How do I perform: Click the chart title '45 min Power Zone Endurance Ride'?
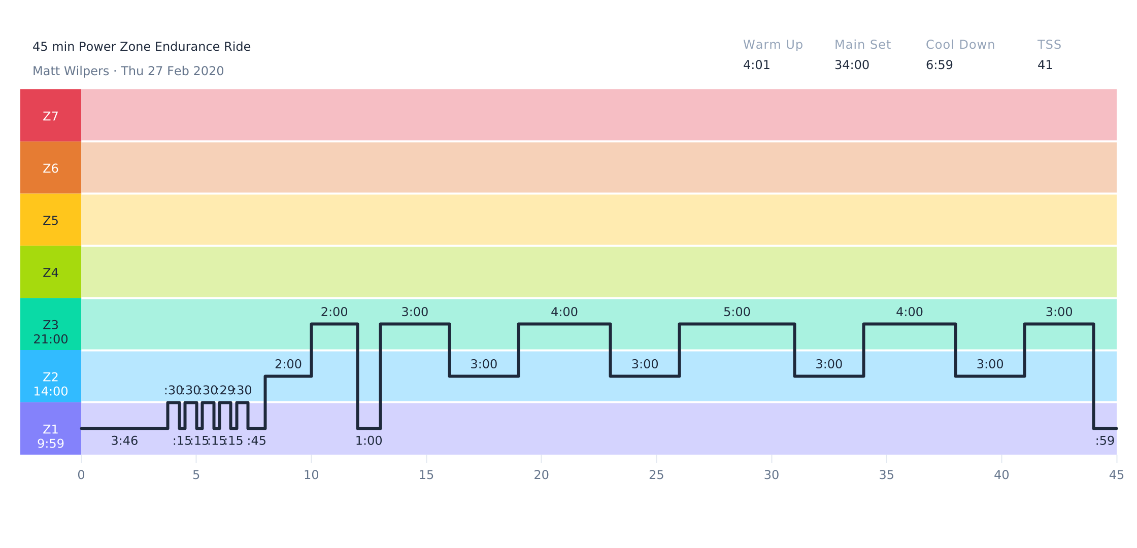pos(142,47)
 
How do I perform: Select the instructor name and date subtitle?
pos(128,71)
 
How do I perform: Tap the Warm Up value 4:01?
pos(756,65)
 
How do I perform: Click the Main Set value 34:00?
pos(852,65)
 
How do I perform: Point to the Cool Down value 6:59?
pos(939,65)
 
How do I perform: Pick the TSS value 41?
pos(1045,65)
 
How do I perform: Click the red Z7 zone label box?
pos(51,116)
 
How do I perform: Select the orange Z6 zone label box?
pos(51,168)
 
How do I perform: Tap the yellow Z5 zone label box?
pos(51,220)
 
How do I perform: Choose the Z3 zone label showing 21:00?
pos(51,332)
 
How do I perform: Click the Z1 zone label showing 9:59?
pos(51,436)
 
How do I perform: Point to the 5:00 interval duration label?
pos(737,312)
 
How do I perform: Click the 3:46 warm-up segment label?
pos(124,441)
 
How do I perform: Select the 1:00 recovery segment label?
pos(369,441)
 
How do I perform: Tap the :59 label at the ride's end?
pos(1105,441)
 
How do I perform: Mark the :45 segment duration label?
pos(256,441)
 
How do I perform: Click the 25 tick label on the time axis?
pos(656,475)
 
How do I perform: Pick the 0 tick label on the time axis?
pos(81,475)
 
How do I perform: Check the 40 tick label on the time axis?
pos(1001,475)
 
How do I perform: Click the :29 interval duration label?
pos(225,390)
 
